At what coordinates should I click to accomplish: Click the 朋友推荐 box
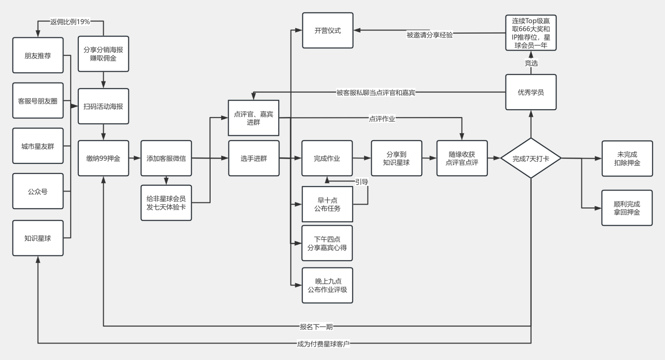[x=38, y=55]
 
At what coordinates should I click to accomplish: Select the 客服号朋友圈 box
[x=38, y=101]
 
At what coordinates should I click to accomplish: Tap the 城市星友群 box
[x=38, y=146]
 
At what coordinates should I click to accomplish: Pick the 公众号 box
[x=38, y=191]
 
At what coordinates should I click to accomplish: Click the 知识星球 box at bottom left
[x=38, y=238]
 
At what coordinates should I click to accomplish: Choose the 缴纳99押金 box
[x=103, y=158]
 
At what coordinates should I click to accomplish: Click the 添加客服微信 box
[x=166, y=158]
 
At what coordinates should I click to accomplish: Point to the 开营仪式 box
[x=328, y=30]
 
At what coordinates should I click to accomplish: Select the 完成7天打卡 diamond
[x=531, y=159]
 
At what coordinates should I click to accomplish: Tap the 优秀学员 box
[x=531, y=92]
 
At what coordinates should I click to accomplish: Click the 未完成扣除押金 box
[x=627, y=159]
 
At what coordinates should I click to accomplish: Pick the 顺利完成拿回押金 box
[x=627, y=208]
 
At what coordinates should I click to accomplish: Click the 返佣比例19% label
[x=70, y=22]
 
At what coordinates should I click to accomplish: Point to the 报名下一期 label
[x=316, y=326]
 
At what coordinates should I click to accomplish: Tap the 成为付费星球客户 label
[x=323, y=344]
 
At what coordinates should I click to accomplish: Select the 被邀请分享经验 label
[x=429, y=35]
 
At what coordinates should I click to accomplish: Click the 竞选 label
[x=531, y=63]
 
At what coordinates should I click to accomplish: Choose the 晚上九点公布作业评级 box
[x=327, y=286]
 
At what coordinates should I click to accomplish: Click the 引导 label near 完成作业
[x=362, y=182]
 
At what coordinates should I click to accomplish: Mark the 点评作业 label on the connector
[x=382, y=119]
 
